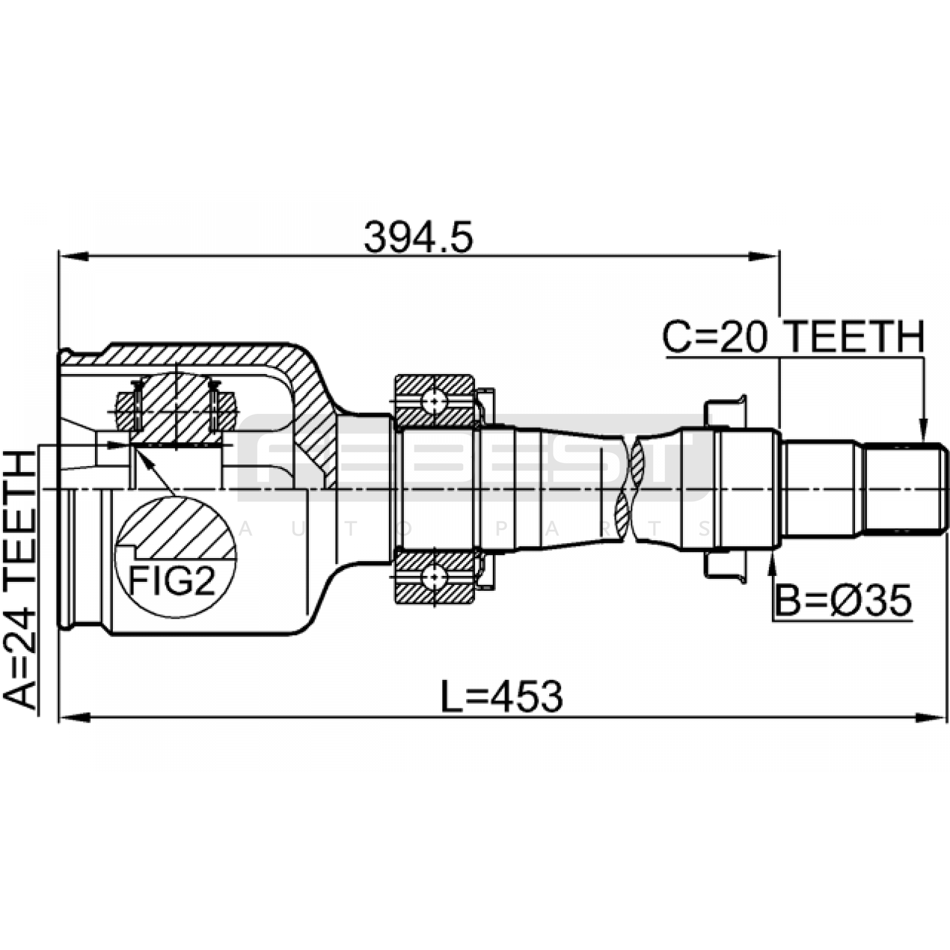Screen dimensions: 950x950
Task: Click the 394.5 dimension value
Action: pyautogui.click(x=419, y=237)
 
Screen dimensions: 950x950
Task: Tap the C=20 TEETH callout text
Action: pyautogui.click(x=793, y=337)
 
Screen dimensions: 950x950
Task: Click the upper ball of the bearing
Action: pyautogui.click(x=435, y=402)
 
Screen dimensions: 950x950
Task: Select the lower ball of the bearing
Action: pyautogui.click(x=435, y=575)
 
